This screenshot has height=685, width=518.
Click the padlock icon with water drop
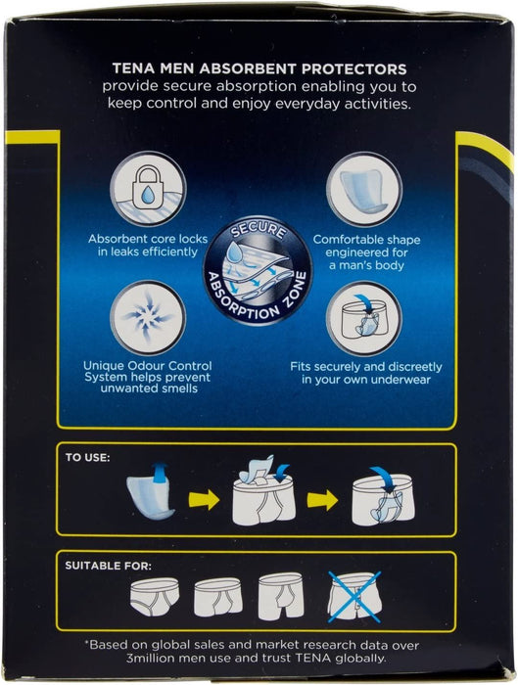click(148, 189)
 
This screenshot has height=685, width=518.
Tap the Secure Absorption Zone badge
click(258, 270)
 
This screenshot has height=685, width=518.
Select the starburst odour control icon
click(148, 318)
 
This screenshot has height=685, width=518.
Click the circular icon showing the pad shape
click(364, 189)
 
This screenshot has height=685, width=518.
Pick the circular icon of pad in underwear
click(364, 318)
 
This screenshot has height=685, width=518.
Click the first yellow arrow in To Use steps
click(204, 499)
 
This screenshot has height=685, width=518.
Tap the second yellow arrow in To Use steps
click(322, 500)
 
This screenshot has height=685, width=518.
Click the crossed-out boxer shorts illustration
click(354, 596)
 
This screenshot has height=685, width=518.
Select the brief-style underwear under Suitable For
click(155, 596)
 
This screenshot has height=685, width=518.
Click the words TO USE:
click(87, 457)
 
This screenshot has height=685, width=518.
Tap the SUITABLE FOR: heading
click(108, 566)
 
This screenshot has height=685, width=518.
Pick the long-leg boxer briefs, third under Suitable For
click(281, 596)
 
